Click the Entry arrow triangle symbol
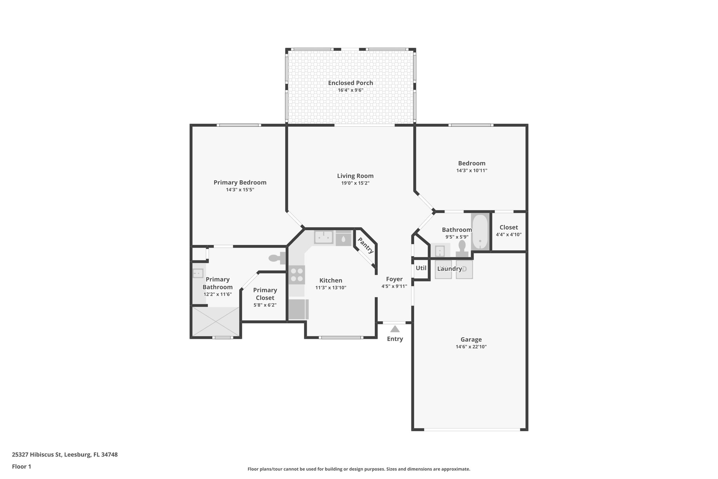click(395, 329)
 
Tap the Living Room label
click(355, 176)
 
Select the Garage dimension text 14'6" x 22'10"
click(471, 347)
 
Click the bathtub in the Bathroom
click(480, 232)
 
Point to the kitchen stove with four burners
click(297, 275)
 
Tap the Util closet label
click(421, 268)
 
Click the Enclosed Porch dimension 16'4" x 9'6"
click(350, 90)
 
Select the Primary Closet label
click(265, 294)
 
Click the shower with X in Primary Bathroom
click(215, 321)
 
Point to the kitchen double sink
click(323, 238)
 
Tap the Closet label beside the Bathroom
click(508, 227)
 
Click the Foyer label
click(394, 279)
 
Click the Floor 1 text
click(21, 466)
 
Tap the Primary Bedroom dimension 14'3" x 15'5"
click(240, 190)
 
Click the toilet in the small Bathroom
click(462, 248)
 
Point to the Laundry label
click(449, 269)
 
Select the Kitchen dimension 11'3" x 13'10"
click(331, 288)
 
